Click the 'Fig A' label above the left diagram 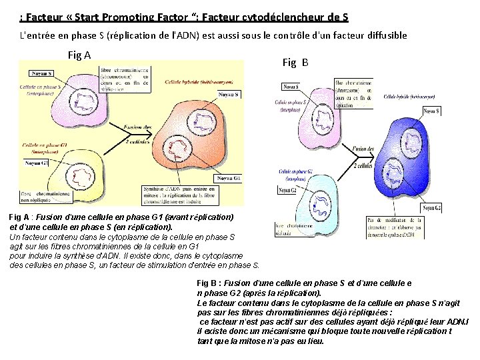point(80,55)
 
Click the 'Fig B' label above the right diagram point(295,63)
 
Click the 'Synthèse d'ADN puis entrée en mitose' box point(173,193)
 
